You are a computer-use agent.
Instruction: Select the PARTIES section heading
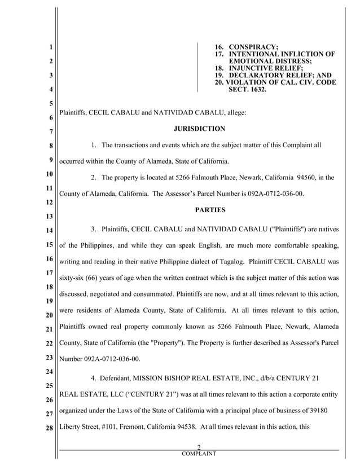pyautogui.click(x=210, y=210)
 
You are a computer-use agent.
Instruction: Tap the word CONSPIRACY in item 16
pyautogui.click(x=253, y=46)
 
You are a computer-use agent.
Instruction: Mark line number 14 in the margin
pyautogui.click(x=49, y=230)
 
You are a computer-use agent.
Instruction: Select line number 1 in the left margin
pyautogui.click(x=51, y=47)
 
